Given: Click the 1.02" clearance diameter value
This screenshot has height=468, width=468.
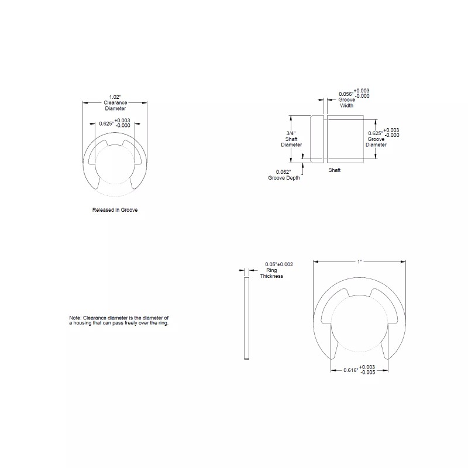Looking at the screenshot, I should (x=115, y=97).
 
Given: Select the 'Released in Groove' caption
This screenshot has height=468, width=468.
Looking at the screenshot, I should (x=115, y=209).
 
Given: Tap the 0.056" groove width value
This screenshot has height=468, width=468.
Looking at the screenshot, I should (x=346, y=94).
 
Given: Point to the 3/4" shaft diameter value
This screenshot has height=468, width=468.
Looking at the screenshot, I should (x=291, y=133).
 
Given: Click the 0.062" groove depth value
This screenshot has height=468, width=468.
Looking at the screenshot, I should (x=284, y=172).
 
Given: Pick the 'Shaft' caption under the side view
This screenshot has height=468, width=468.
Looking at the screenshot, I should (x=334, y=170).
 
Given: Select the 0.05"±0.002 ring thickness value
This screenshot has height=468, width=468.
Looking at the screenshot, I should (x=279, y=264).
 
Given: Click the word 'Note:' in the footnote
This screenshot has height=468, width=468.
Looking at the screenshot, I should (x=75, y=318).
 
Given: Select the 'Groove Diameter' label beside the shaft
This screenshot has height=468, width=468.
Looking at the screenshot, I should (x=376, y=142).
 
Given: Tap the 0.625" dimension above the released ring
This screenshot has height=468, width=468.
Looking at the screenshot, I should (x=106, y=123).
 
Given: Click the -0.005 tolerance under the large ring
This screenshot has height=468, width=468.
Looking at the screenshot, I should (x=367, y=372).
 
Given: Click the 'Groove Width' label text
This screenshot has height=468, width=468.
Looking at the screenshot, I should (x=347, y=103).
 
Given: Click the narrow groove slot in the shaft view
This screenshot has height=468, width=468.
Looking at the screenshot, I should (x=325, y=139).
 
